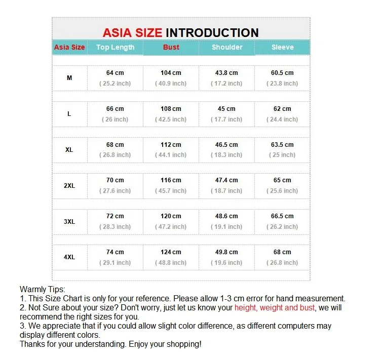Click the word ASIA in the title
(x=118, y=33)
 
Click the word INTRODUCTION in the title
(x=212, y=33)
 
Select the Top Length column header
(x=115, y=47)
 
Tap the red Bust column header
(x=171, y=47)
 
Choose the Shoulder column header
(x=226, y=47)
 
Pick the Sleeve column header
(x=282, y=47)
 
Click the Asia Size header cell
(x=69, y=47)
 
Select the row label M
(x=69, y=78)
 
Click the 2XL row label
(x=69, y=186)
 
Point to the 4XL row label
(x=69, y=257)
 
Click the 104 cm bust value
(x=171, y=73)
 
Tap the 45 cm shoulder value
(x=226, y=109)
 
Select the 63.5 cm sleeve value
(x=282, y=145)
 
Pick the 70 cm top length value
(x=115, y=180)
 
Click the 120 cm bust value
(x=171, y=216)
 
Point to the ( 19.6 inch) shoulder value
(x=226, y=263)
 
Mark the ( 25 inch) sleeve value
(x=282, y=155)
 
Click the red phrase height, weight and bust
(x=274, y=307)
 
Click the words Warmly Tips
(x=42, y=289)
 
